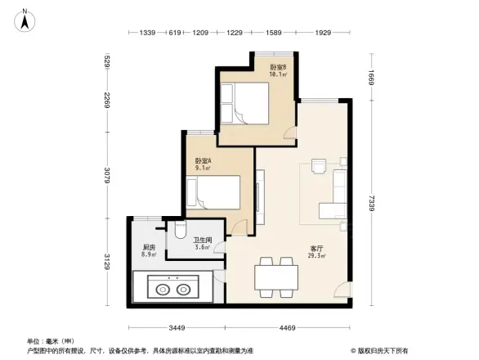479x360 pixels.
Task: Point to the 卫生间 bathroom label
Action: pos(203,243)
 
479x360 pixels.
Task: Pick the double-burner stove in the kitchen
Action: pos(172,288)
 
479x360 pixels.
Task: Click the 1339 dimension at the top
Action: pos(147,33)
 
